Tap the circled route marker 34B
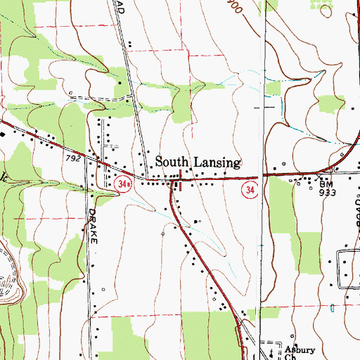point(124,184)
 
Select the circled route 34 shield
point(250,190)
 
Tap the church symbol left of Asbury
point(271,348)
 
